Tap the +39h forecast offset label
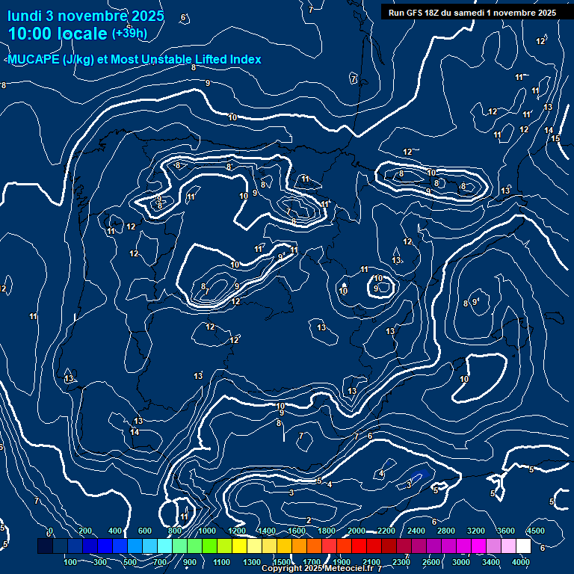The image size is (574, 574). (129, 34)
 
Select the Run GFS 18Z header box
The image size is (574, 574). (472, 13)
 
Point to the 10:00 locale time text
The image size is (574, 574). (58, 34)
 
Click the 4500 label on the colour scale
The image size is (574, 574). (535, 531)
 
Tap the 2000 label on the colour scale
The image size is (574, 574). (357, 531)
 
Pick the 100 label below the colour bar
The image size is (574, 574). (70, 561)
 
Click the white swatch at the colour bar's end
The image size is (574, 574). (523, 546)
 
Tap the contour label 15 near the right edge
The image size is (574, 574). (555, 139)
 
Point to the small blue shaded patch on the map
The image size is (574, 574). (419, 475)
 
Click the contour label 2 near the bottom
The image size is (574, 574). (309, 520)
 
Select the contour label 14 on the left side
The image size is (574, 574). (135, 432)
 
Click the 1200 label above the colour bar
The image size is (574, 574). (236, 531)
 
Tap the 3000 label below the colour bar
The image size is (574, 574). (461, 561)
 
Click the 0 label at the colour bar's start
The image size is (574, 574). (50, 531)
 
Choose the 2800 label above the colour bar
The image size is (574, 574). (446, 531)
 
